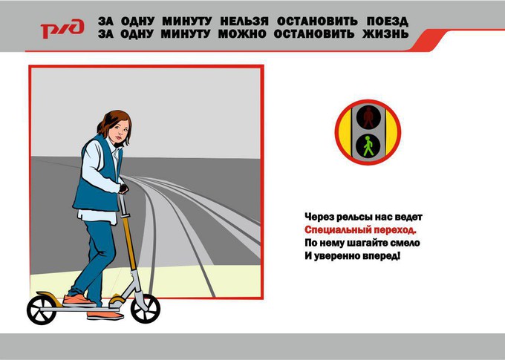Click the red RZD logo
pos(62,29)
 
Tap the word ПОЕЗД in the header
pos(388,22)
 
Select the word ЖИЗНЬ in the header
pos(385,34)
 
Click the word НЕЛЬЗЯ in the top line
pos(244,22)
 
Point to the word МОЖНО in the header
pos(242,34)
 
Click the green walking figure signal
pos(368,146)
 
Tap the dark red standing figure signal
pos(368,117)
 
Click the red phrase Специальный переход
pos(360,230)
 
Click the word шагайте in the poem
pos(367,243)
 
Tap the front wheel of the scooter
pos(146,309)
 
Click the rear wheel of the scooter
pos(42,310)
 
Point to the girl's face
pos(119,131)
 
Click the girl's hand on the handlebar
pos(123,189)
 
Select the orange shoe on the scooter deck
pos(78,301)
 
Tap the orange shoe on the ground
pos(105,315)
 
